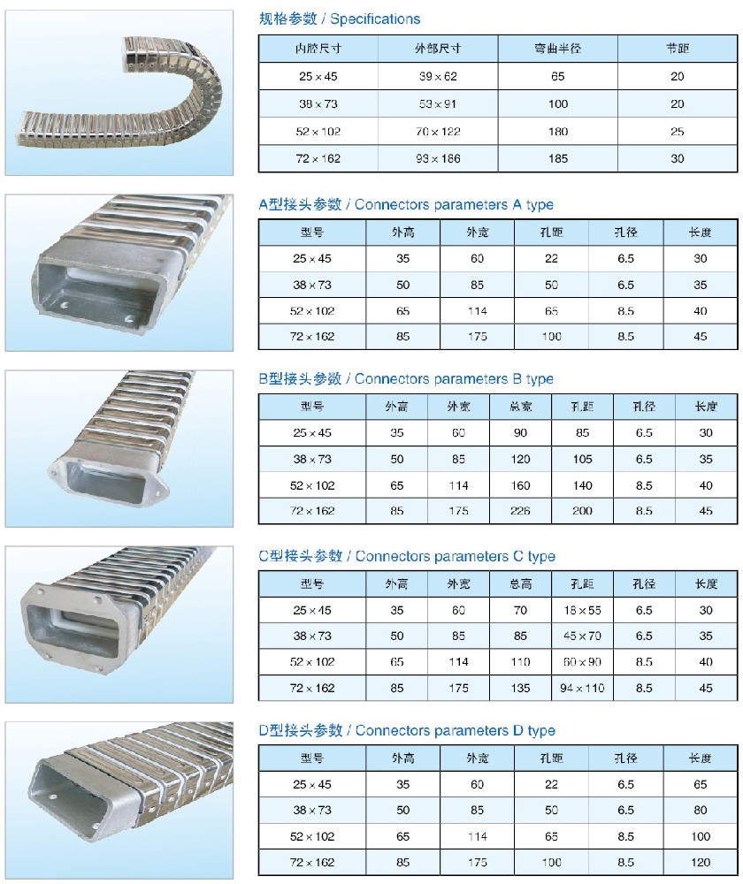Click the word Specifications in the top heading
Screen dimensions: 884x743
[x=375, y=19]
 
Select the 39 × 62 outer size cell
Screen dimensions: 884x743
[x=438, y=77]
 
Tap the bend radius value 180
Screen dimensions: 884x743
[x=557, y=132]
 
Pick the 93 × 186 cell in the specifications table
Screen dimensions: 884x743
[x=438, y=159]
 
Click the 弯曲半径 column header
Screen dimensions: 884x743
[x=557, y=50]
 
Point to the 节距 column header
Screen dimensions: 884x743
[x=677, y=50]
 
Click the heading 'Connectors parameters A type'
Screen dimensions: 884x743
[x=454, y=204]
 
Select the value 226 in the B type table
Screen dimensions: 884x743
[x=520, y=511]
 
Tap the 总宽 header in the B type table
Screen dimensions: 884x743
[x=520, y=407]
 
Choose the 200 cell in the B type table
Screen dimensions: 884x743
[x=582, y=511]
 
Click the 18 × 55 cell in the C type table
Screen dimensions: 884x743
[x=582, y=610]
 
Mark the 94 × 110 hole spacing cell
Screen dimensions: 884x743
[x=582, y=688]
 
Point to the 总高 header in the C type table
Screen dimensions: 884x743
[x=520, y=584]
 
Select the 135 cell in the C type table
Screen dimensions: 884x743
[x=520, y=688]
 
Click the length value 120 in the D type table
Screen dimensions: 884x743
[x=701, y=862]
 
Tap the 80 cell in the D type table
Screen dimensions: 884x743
[x=701, y=810]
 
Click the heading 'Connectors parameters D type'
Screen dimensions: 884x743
[x=455, y=731]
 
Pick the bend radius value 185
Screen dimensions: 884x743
[x=557, y=159]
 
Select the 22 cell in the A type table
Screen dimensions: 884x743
[x=551, y=258]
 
